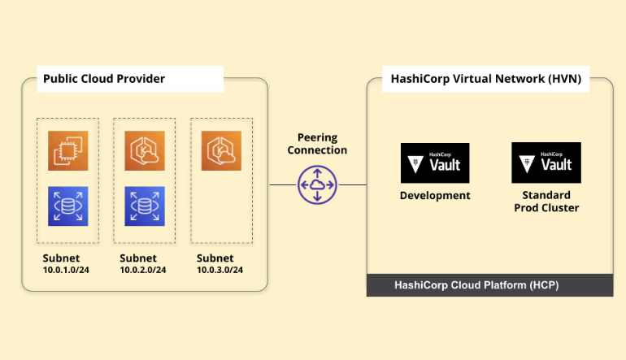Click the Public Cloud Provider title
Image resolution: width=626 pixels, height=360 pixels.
coord(104,79)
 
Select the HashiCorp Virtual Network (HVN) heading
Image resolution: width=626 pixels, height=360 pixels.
coord(485,79)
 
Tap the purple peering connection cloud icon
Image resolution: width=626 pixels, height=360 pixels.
coord(317,184)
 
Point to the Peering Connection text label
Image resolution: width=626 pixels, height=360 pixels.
coord(317,144)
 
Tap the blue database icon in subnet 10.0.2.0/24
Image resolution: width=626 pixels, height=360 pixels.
coord(144,206)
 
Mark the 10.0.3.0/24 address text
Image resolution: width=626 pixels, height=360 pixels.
coord(220,270)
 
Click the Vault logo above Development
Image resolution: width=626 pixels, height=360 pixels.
coord(435,163)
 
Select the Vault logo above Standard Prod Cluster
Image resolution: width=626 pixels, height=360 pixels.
coord(546,163)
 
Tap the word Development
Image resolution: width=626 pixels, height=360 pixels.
coord(435,196)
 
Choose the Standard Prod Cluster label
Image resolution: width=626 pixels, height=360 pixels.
coord(546,202)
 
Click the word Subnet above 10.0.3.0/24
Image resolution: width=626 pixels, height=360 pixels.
coord(215,258)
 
